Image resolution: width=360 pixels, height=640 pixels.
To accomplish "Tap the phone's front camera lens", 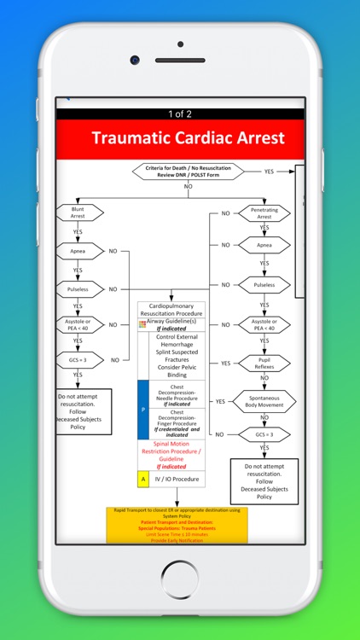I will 135,60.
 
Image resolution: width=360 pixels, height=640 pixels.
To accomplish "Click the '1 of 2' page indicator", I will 180,113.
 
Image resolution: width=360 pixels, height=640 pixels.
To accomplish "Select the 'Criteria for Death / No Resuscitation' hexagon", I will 188,172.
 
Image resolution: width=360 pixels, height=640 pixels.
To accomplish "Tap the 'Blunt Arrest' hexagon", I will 78,212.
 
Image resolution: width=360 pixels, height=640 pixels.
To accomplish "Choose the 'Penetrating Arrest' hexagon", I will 264,212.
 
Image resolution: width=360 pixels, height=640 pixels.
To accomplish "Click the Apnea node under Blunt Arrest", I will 78,251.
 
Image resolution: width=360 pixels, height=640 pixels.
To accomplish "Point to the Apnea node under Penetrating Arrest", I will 264,245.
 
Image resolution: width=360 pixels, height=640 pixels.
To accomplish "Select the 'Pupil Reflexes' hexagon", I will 264,363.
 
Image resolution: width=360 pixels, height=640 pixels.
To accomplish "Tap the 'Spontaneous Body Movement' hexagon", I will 264,401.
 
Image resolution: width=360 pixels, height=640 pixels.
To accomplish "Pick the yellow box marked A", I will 143,480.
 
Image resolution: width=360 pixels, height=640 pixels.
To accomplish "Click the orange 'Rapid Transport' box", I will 177,525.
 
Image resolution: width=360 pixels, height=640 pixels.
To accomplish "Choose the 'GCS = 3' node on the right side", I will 264,434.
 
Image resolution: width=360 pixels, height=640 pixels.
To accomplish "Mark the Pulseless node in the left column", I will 78,289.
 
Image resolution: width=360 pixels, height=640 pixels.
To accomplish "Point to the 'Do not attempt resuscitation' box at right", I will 264,481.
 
